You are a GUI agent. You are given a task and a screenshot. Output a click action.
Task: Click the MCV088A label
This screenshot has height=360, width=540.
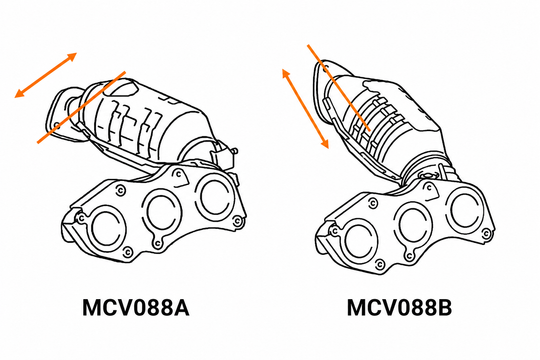pos(136,308)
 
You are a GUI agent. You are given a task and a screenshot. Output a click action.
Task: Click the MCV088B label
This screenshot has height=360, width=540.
pos(399,308)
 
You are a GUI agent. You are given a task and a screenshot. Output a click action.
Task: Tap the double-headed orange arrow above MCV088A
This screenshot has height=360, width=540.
pos(45,75)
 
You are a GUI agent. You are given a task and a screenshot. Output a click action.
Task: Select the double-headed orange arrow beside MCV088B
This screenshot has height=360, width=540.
pos(305,109)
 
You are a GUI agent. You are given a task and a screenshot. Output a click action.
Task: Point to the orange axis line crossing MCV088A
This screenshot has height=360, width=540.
pos(81,107)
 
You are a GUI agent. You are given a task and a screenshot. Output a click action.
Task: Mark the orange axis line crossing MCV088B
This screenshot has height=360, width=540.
pos(339,88)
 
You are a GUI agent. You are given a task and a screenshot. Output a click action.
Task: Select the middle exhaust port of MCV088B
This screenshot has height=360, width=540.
pos(413,226)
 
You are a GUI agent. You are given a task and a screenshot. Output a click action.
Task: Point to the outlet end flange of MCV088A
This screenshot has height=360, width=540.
pos(64,113)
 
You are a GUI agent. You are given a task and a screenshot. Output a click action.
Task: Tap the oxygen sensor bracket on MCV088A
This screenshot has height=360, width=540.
pos(224,155)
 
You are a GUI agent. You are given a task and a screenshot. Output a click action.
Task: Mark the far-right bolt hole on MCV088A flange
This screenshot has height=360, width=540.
pos(237,222)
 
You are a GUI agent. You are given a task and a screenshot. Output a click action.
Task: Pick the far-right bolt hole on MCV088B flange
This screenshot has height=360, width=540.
pos(486,234)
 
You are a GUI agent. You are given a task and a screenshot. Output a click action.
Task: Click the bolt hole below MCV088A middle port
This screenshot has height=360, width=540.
pos(157,243)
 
